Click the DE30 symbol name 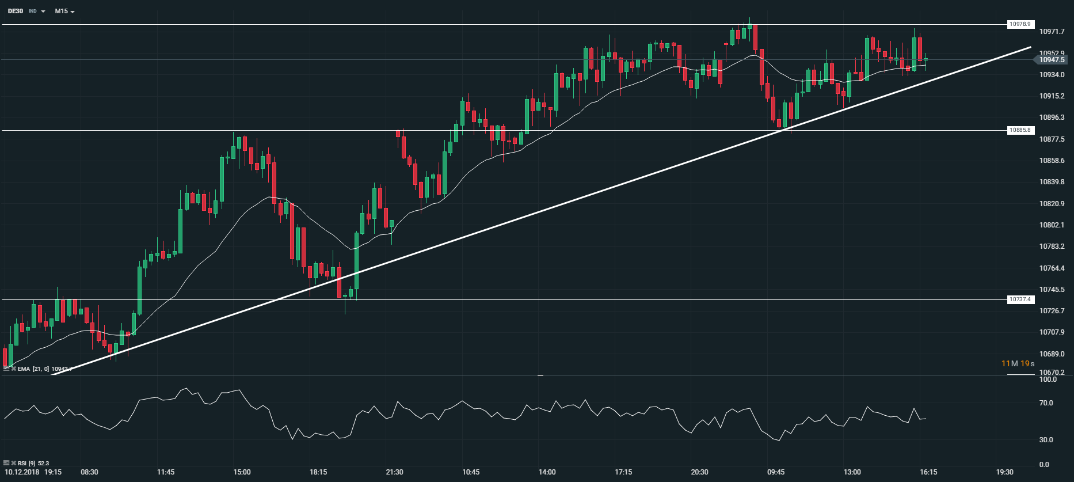[16, 11]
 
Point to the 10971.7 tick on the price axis [1052, 32]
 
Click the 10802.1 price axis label [1052, 225]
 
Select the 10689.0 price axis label [1052, 354]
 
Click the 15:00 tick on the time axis [242, 472]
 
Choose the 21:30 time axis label [394, 472]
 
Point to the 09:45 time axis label [776, 472]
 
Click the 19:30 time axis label [1004, 472]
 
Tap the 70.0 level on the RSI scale [1046, 403]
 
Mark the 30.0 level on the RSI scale [1046, 440]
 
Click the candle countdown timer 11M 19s [1018, 363]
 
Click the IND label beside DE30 [33, 11]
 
